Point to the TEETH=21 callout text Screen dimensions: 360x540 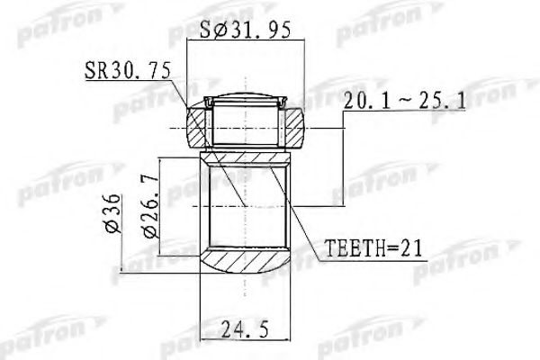tap(362, 246)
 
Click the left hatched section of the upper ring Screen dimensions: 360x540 tap(198, 127)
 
